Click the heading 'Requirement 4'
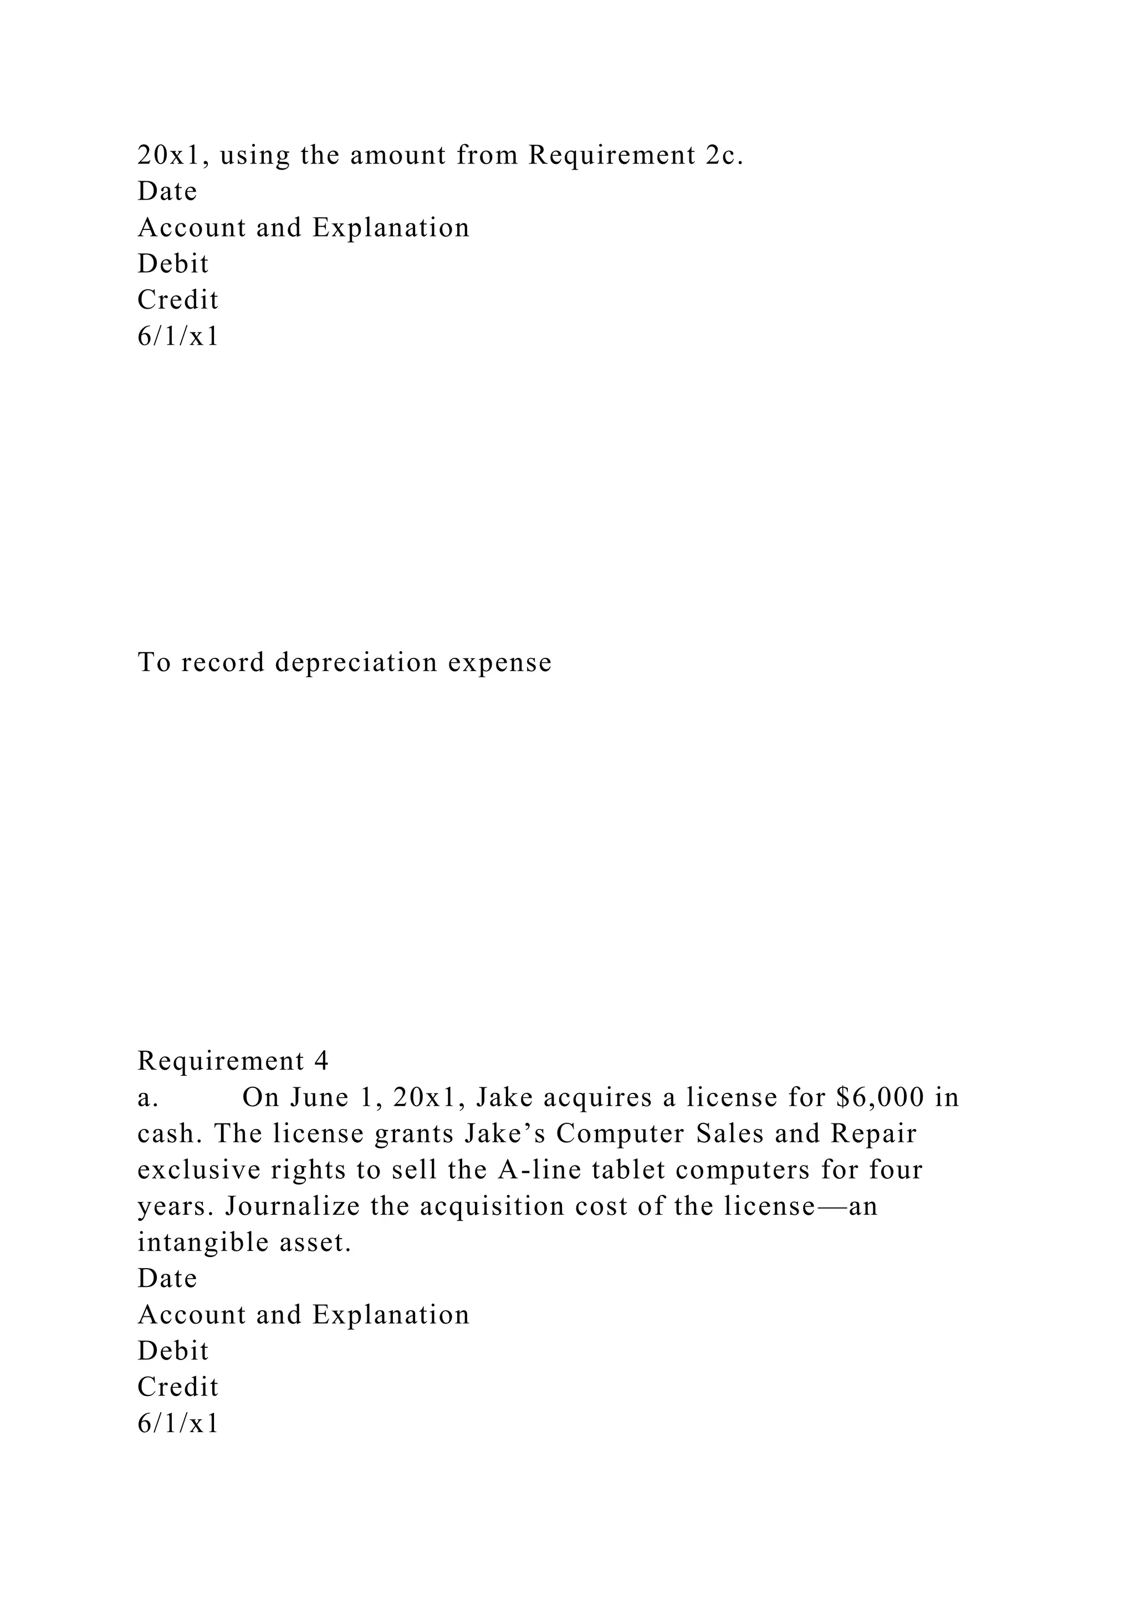tap(233, 1061)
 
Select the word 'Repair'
tap(873, 1133)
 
